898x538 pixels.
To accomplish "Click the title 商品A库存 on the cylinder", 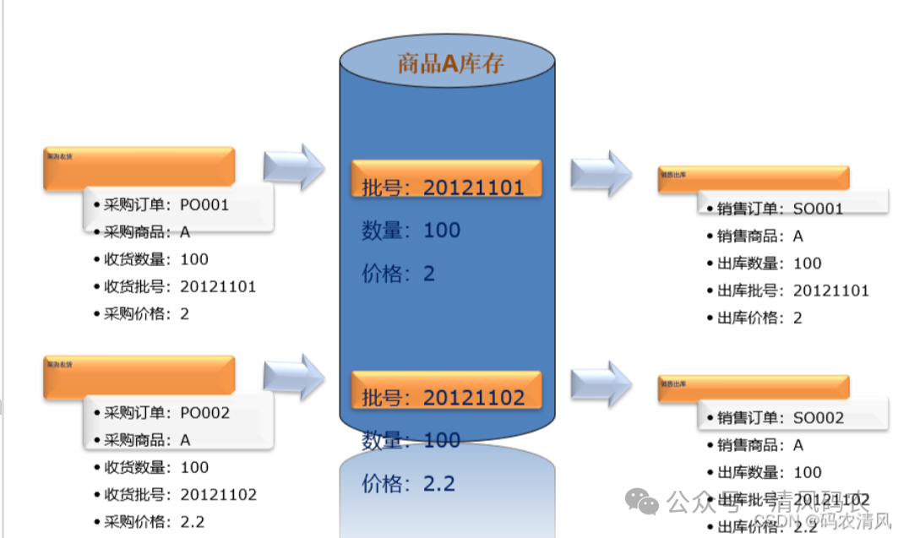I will (x=450, y=63).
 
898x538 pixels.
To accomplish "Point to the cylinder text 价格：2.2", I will (x=409, y=484).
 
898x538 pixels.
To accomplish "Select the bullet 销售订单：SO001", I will (x=780, y=209).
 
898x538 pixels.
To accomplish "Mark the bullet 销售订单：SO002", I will (x=780, y=418).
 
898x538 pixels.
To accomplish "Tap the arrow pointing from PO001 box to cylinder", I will (x=293, y=167).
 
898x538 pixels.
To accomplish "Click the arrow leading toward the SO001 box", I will (x=601, y=174).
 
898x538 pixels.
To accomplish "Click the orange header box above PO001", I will (x=139, y=167).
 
